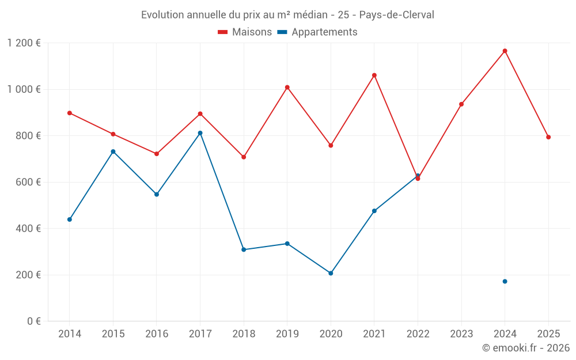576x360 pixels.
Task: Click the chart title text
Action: [x=287, y=14]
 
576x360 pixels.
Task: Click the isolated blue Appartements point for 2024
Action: [x=505, y=282]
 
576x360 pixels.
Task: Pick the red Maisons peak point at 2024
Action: [x=505, y=51]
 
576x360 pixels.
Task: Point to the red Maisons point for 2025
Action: [x=548, y=137]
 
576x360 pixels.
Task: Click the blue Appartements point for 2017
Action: [x=200, y=133]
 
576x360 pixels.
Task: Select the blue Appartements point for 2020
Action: [x=331, y=273]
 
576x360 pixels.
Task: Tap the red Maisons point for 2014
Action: [x=70, y=113]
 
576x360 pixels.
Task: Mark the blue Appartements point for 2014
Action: [x=70, y=219]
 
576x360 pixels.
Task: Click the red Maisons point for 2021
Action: [x=374, y=75]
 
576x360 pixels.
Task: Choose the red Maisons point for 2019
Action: [x=287, y=88]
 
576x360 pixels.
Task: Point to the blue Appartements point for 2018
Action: [x=244, y=249]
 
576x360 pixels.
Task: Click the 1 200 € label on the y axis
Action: [x=24, y=43]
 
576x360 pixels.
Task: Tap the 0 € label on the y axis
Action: [x=33, y=321]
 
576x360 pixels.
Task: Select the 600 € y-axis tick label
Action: [x=28, y=182]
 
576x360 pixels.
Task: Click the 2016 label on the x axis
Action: [x=157, y=334]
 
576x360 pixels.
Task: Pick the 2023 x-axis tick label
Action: [x=461, y=334]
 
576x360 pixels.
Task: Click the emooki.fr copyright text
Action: [x=525, y=348]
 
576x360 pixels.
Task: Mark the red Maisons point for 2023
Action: [x=461, y=104]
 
